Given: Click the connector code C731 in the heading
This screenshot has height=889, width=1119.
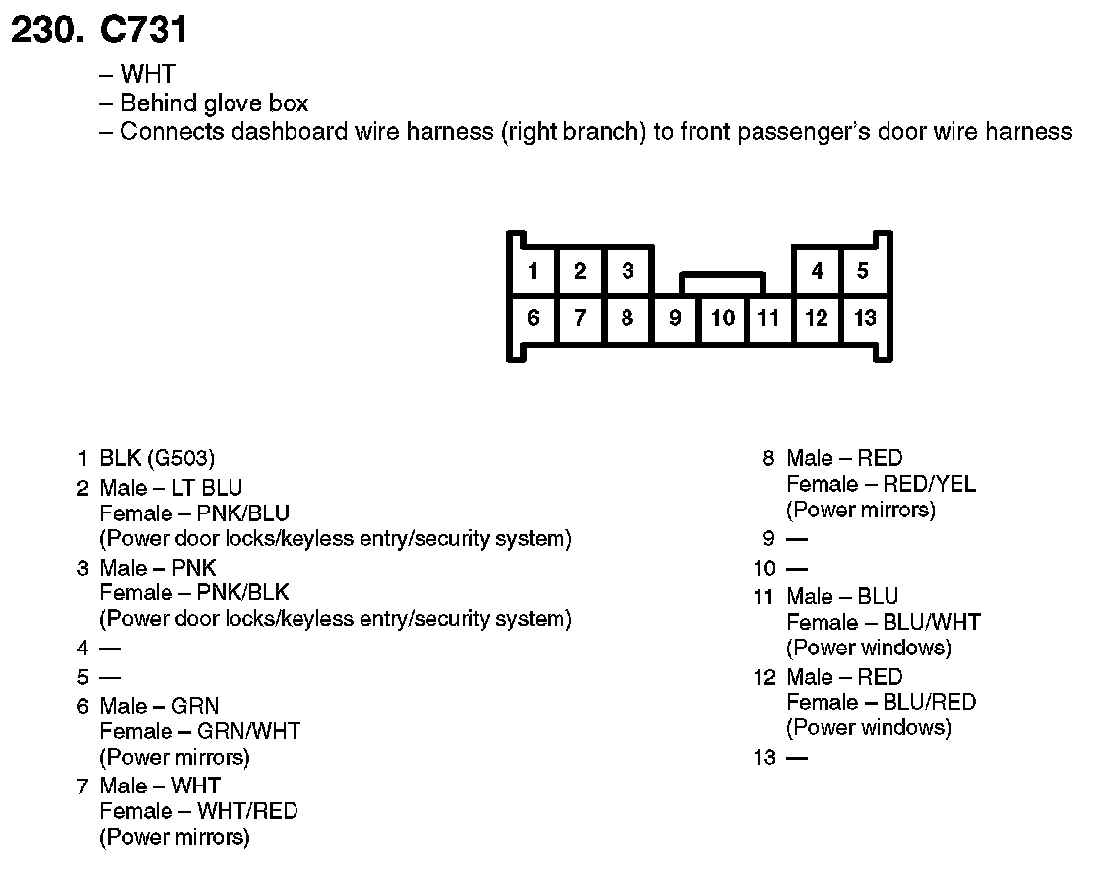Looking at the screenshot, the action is coord(144,31).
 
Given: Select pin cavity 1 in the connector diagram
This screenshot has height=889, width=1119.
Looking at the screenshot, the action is coord(533,271).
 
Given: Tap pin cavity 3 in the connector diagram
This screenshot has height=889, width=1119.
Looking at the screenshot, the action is coord(627,271).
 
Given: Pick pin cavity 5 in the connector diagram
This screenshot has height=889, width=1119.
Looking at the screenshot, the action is coord(863,271).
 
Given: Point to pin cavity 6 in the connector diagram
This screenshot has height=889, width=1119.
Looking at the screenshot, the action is coord(533,318).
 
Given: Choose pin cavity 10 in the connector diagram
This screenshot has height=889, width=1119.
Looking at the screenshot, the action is coord(723,318).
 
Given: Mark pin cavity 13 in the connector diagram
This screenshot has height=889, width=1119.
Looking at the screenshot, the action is coord(865,318).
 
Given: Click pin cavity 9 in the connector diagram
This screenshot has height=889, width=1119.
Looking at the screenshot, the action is coord(675,318).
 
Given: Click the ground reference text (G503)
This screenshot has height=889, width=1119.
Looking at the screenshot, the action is coord(180,458).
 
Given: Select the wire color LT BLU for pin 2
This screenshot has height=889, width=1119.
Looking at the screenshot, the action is coord(207,488).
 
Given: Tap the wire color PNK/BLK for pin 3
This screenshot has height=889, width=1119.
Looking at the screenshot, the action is coord(243,593).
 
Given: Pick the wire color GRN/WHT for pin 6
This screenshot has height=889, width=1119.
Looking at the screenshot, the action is coord(248,731).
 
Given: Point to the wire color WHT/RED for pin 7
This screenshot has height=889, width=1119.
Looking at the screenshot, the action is coord(247,811).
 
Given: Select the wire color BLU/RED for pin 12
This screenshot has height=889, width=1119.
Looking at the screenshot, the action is coord(930,702).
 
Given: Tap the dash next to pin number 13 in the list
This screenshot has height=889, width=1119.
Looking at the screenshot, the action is coord(796,758).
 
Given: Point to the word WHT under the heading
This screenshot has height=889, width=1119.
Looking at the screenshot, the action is coord(148,75).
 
